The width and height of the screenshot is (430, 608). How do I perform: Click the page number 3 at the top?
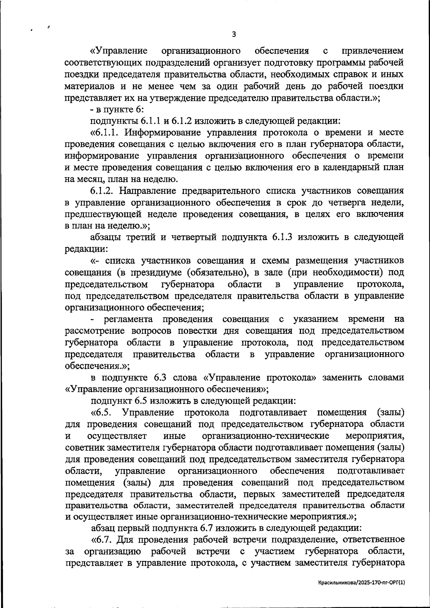coord(234,34)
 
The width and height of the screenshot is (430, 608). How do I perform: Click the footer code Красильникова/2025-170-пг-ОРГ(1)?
coord(362,583)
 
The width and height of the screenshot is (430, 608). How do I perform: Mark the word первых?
coord(259,494)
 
